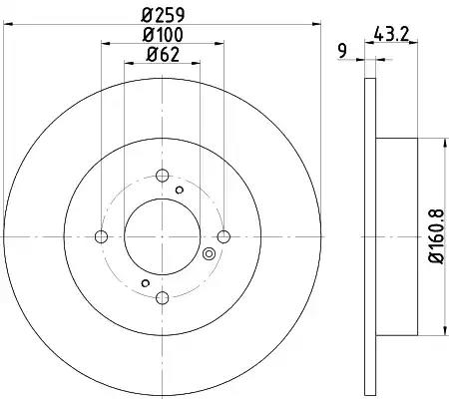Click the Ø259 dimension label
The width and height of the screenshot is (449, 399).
click(163, 14)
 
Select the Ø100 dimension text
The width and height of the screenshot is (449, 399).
click(163, 35)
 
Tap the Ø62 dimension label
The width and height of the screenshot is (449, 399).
click(163, 54)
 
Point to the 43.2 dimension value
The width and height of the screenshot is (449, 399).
click(391, 34)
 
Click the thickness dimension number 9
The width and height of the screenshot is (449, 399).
click(342, 51)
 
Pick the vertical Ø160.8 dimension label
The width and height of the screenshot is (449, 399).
click(436, 236)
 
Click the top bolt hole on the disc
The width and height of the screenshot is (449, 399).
click(163, 176)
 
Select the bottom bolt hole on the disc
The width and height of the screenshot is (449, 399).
click(163, 297)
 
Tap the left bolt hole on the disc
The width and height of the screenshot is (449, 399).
click(101, 236)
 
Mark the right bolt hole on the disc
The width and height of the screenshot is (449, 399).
click(224, 236)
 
